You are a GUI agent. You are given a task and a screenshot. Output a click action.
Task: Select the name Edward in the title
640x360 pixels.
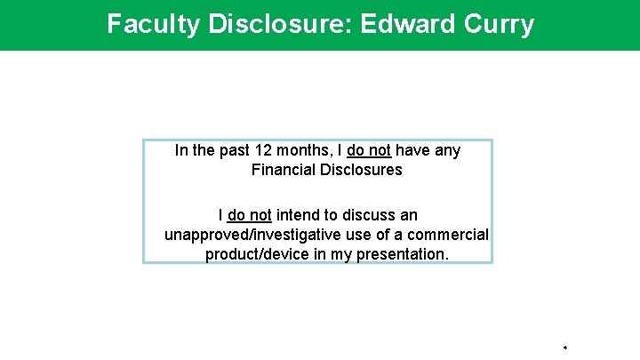coord(404,24)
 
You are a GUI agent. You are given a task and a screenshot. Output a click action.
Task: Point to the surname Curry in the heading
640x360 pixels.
coord(498,24)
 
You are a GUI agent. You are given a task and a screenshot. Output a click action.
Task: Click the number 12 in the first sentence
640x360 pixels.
coord(264,150)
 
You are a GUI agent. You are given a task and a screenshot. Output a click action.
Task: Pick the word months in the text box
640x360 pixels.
coord(305,150)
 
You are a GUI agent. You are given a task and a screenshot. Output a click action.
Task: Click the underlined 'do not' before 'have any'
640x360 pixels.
coord(368,150)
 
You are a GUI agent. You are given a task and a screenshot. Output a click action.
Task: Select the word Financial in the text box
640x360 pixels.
coord(284,169)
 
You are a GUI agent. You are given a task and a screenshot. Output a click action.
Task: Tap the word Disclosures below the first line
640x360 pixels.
coord(361,169)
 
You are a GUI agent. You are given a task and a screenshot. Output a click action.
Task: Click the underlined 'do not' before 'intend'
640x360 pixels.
coord(250,215)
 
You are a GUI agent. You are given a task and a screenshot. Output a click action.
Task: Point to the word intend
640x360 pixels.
coord(299,215)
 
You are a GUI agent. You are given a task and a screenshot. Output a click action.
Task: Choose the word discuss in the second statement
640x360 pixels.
coord(369,215)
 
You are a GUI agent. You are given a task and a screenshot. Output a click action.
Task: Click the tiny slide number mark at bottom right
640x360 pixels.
coord(565,347)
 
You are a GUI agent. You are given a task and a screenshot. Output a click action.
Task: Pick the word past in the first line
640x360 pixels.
coord(232,150)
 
